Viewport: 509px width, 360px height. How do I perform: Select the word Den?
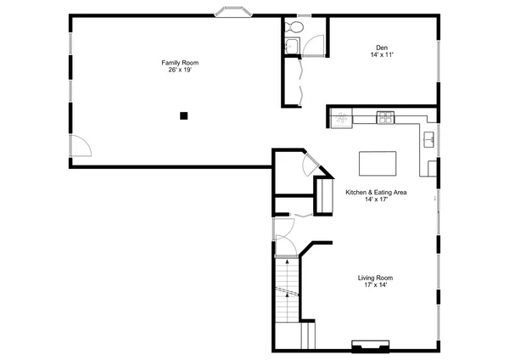pyautogui.click(x=382, y=48)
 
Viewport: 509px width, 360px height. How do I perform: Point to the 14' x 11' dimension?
pyautogui.click(x=382, y=55)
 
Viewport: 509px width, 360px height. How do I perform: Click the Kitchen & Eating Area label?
pyautogui.click(x=375, y=193)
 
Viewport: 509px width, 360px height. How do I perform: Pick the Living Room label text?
pyautogui.click(x=375, y=278)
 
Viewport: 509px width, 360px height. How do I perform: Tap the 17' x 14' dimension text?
pyautogui.click(x=375, y=285)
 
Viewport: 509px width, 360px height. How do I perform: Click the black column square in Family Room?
pyautogui.click(x=182, y=115)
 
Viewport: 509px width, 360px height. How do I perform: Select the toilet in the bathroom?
pyautogui.click(x=291, y=25)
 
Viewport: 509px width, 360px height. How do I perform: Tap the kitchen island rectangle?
pyautogui.click(x=378, y=162)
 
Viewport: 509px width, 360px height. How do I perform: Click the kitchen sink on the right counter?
pyautogui.click(x=429, y=138)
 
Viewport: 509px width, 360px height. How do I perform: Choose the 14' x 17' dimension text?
pyautogui.click(x=375, y=200)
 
